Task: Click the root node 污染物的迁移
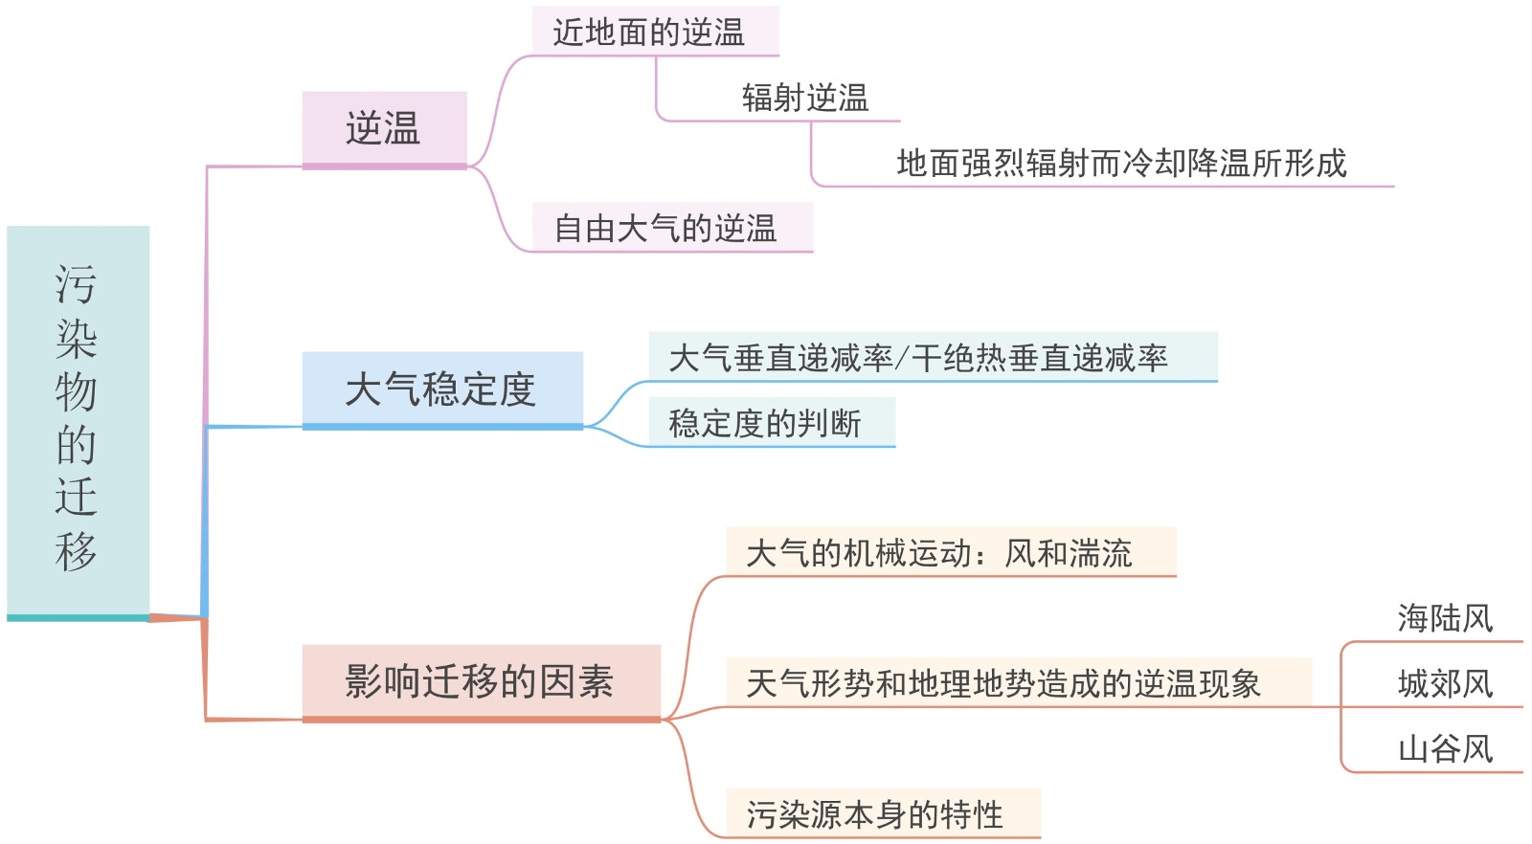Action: [x=78, y=421]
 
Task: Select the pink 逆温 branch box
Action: [x=384, y=129]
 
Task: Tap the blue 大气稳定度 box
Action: [x=441, y=389]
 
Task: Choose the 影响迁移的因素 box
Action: [x=481, y=681]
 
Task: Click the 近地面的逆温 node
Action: [x=649, y=33]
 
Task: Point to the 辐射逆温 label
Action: [x=805, y=98]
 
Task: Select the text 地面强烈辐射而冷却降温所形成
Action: [x=1121, y=164]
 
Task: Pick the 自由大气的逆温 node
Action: [x=666, y=229]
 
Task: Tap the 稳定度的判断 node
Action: [x=766, y=423]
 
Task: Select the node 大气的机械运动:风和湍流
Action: [x=938, y=553]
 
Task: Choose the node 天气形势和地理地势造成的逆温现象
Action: [x=1003, y=683]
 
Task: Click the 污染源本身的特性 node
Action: [x=874, y=814]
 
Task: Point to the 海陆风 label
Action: [x=1445, y=618]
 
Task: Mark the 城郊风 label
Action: [x=1445, y=683]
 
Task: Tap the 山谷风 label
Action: [x=1445, y=748]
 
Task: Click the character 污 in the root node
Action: [x=77, y=284]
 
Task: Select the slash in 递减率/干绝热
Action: [x=901, y=359]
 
